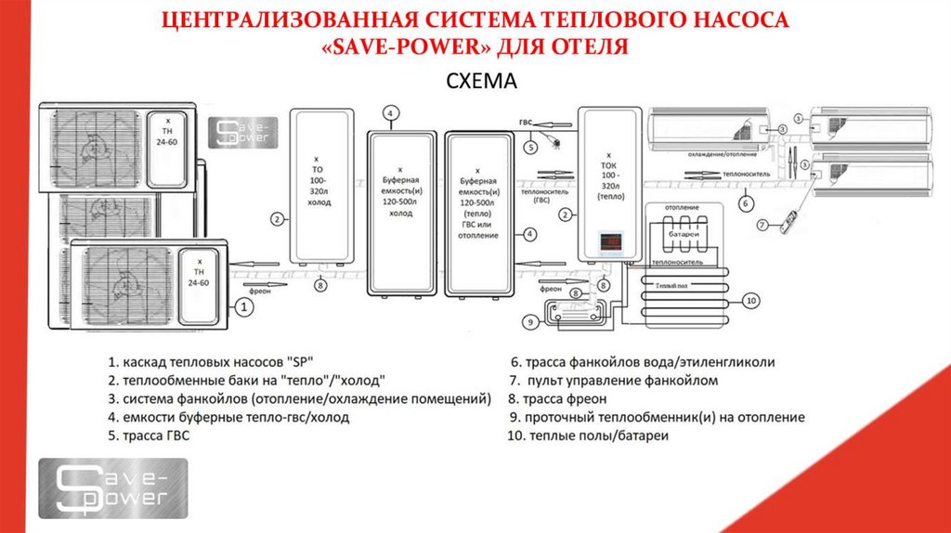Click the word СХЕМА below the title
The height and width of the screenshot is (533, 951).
pos(480,83)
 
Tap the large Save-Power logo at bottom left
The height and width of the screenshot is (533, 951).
pos(113,487)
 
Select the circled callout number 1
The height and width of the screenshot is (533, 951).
pos(242,305)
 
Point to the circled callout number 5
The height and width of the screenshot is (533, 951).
pos(530,146)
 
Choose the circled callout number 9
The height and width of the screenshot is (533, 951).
pos(530,322)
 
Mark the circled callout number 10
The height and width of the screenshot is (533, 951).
pos(751,299)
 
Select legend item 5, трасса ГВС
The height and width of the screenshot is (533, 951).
pos(148,435)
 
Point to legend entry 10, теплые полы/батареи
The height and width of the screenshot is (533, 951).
pos(587,435)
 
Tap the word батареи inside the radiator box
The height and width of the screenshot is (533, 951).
pos(684,235)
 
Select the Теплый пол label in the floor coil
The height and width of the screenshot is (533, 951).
pos(672,286)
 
